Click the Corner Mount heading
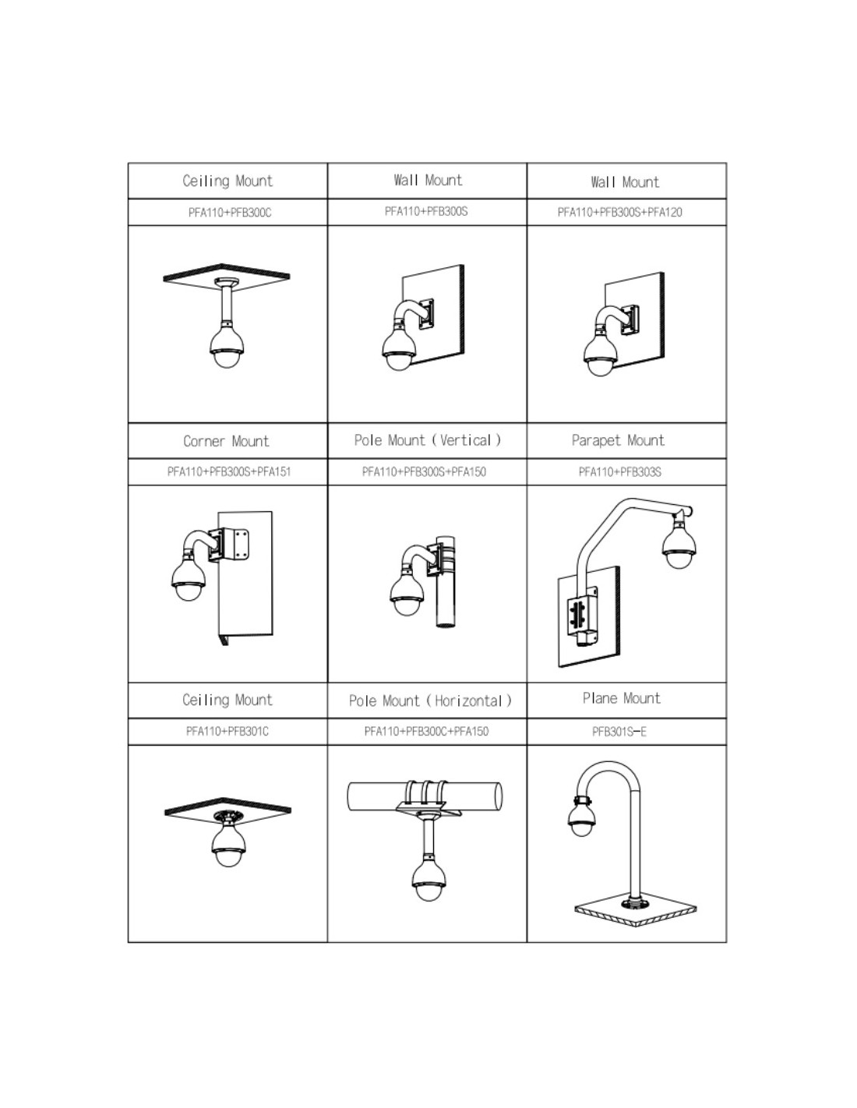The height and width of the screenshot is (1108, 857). point(226,440)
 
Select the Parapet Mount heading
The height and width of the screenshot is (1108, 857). point(618,440)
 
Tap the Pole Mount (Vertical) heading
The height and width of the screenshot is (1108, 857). point(427,440)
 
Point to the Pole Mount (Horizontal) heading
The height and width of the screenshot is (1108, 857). point(430,700)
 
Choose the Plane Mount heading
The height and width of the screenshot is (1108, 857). point(622,698)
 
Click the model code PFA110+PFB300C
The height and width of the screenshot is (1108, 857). point(229,213)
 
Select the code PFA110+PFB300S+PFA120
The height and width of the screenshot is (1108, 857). point(619,212)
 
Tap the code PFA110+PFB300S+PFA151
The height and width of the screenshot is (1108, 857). point(229,471)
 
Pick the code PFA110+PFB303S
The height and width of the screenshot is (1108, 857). point(619,472)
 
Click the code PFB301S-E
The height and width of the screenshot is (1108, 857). point(619,732)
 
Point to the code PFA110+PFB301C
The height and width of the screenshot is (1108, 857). point(227,731)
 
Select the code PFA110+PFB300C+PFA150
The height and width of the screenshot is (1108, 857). point(426,731)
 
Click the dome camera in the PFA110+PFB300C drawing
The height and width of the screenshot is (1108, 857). point(227,344)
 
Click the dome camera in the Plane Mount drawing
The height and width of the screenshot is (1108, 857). point(584,817)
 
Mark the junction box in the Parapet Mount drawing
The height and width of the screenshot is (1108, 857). point(583,615)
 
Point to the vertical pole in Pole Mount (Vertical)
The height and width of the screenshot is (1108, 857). point(446,581)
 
